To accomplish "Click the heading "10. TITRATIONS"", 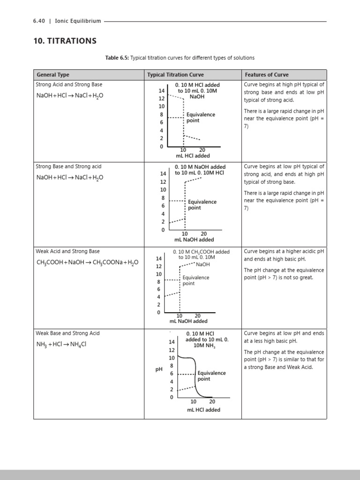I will [65, 41].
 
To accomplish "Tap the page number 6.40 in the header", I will [39, 21].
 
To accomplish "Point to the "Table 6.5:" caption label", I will [117, 58].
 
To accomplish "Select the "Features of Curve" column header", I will [266, 75].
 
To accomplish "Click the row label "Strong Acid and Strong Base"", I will [69, 84].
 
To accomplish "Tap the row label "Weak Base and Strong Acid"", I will [67, 333].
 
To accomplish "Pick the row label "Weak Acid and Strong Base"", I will [67, 251].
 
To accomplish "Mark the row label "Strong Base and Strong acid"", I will [68, 166].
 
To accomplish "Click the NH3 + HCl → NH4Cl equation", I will [61, 345].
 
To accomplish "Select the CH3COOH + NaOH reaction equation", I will [87, 262].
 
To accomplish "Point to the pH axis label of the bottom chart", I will [158, 369].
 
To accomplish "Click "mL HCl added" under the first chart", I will [193, 156].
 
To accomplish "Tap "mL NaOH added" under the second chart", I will [194, 240].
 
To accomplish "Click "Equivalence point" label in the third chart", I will [195, 280].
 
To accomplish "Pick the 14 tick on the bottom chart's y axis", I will [172, 342].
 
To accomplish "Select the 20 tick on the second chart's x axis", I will [204, 233].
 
